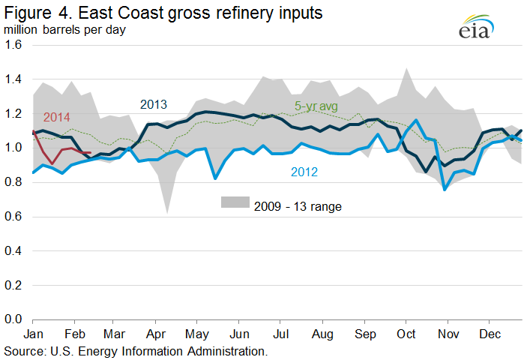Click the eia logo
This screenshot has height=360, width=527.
[x=476, y=27]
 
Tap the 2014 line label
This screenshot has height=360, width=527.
[x=56, y=117]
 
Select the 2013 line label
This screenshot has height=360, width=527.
[x=153, y=104]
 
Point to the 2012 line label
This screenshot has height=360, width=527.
[x=304, y=172]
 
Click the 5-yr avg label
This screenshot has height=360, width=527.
[x=316, y=106]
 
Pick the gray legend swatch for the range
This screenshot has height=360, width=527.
[x=235, y=202]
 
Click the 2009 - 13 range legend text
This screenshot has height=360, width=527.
[x=298, y=206]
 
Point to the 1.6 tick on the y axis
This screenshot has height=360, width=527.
[x=13, y=45]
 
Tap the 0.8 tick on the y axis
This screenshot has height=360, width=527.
[x=13, y=181]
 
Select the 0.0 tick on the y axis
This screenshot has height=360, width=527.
[x=13, y=319]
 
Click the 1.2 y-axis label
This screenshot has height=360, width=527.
[x=13, y=113]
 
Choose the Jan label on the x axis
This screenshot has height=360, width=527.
[x=33, y=334]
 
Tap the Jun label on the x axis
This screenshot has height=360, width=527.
[x=239, y=334]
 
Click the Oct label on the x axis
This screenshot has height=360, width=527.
[x=406, y=334]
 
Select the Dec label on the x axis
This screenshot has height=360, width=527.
[x=490, y=334]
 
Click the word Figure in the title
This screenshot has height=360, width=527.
[x=28, y=13]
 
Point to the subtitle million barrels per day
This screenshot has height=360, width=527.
[x=64, y=30]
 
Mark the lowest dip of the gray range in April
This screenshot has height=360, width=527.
[x=167, y=213]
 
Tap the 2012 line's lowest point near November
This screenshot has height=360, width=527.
[x=445, y=190]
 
